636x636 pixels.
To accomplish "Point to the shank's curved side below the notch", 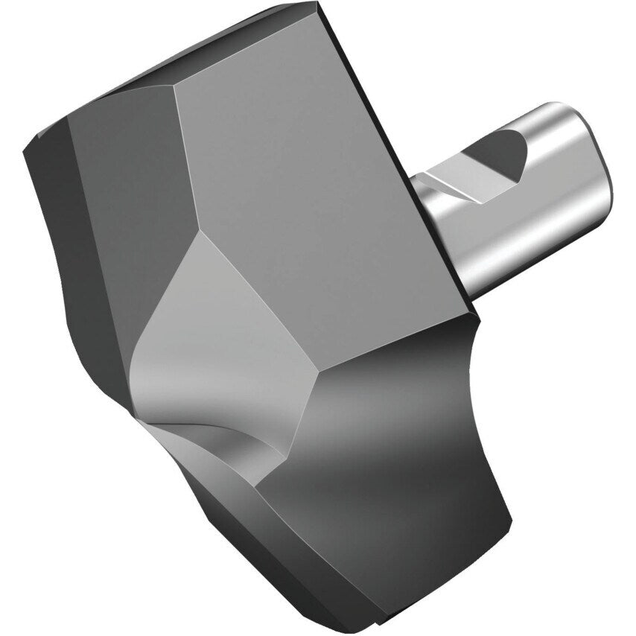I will pos(521,238).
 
